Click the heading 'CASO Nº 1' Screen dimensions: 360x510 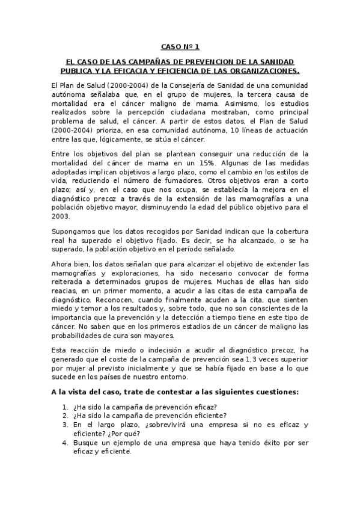pyautogui.click(x=180, y=46)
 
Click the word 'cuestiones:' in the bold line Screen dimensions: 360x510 pyautogui.click(x=274, y=392)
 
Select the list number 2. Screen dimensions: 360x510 pyautogui.click(x=64, y=414)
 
